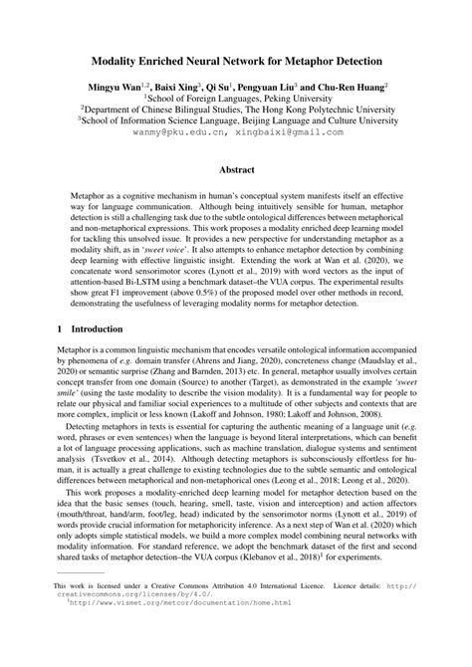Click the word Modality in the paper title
(121, 61)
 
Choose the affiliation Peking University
(289, 101)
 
